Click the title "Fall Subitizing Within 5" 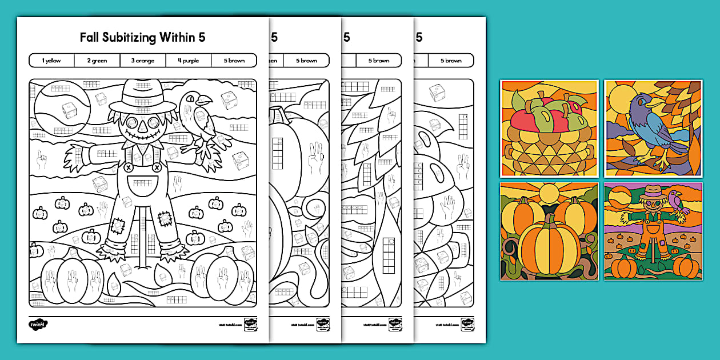pos(143,38)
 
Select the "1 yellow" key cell pos(51,61)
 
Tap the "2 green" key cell pos(97,61)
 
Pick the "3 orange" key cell pos(142,61)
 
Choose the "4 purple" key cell pos(188,61)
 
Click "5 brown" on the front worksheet pos(234,61)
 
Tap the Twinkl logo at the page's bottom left pos(38,323)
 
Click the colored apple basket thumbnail pos(549,129)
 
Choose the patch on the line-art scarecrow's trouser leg pos(118,225)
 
